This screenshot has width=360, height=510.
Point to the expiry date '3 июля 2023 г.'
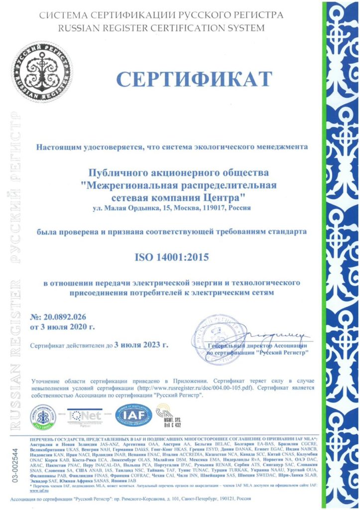(141, 344)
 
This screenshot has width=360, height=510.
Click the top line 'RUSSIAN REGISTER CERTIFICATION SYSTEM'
(162, 28)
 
